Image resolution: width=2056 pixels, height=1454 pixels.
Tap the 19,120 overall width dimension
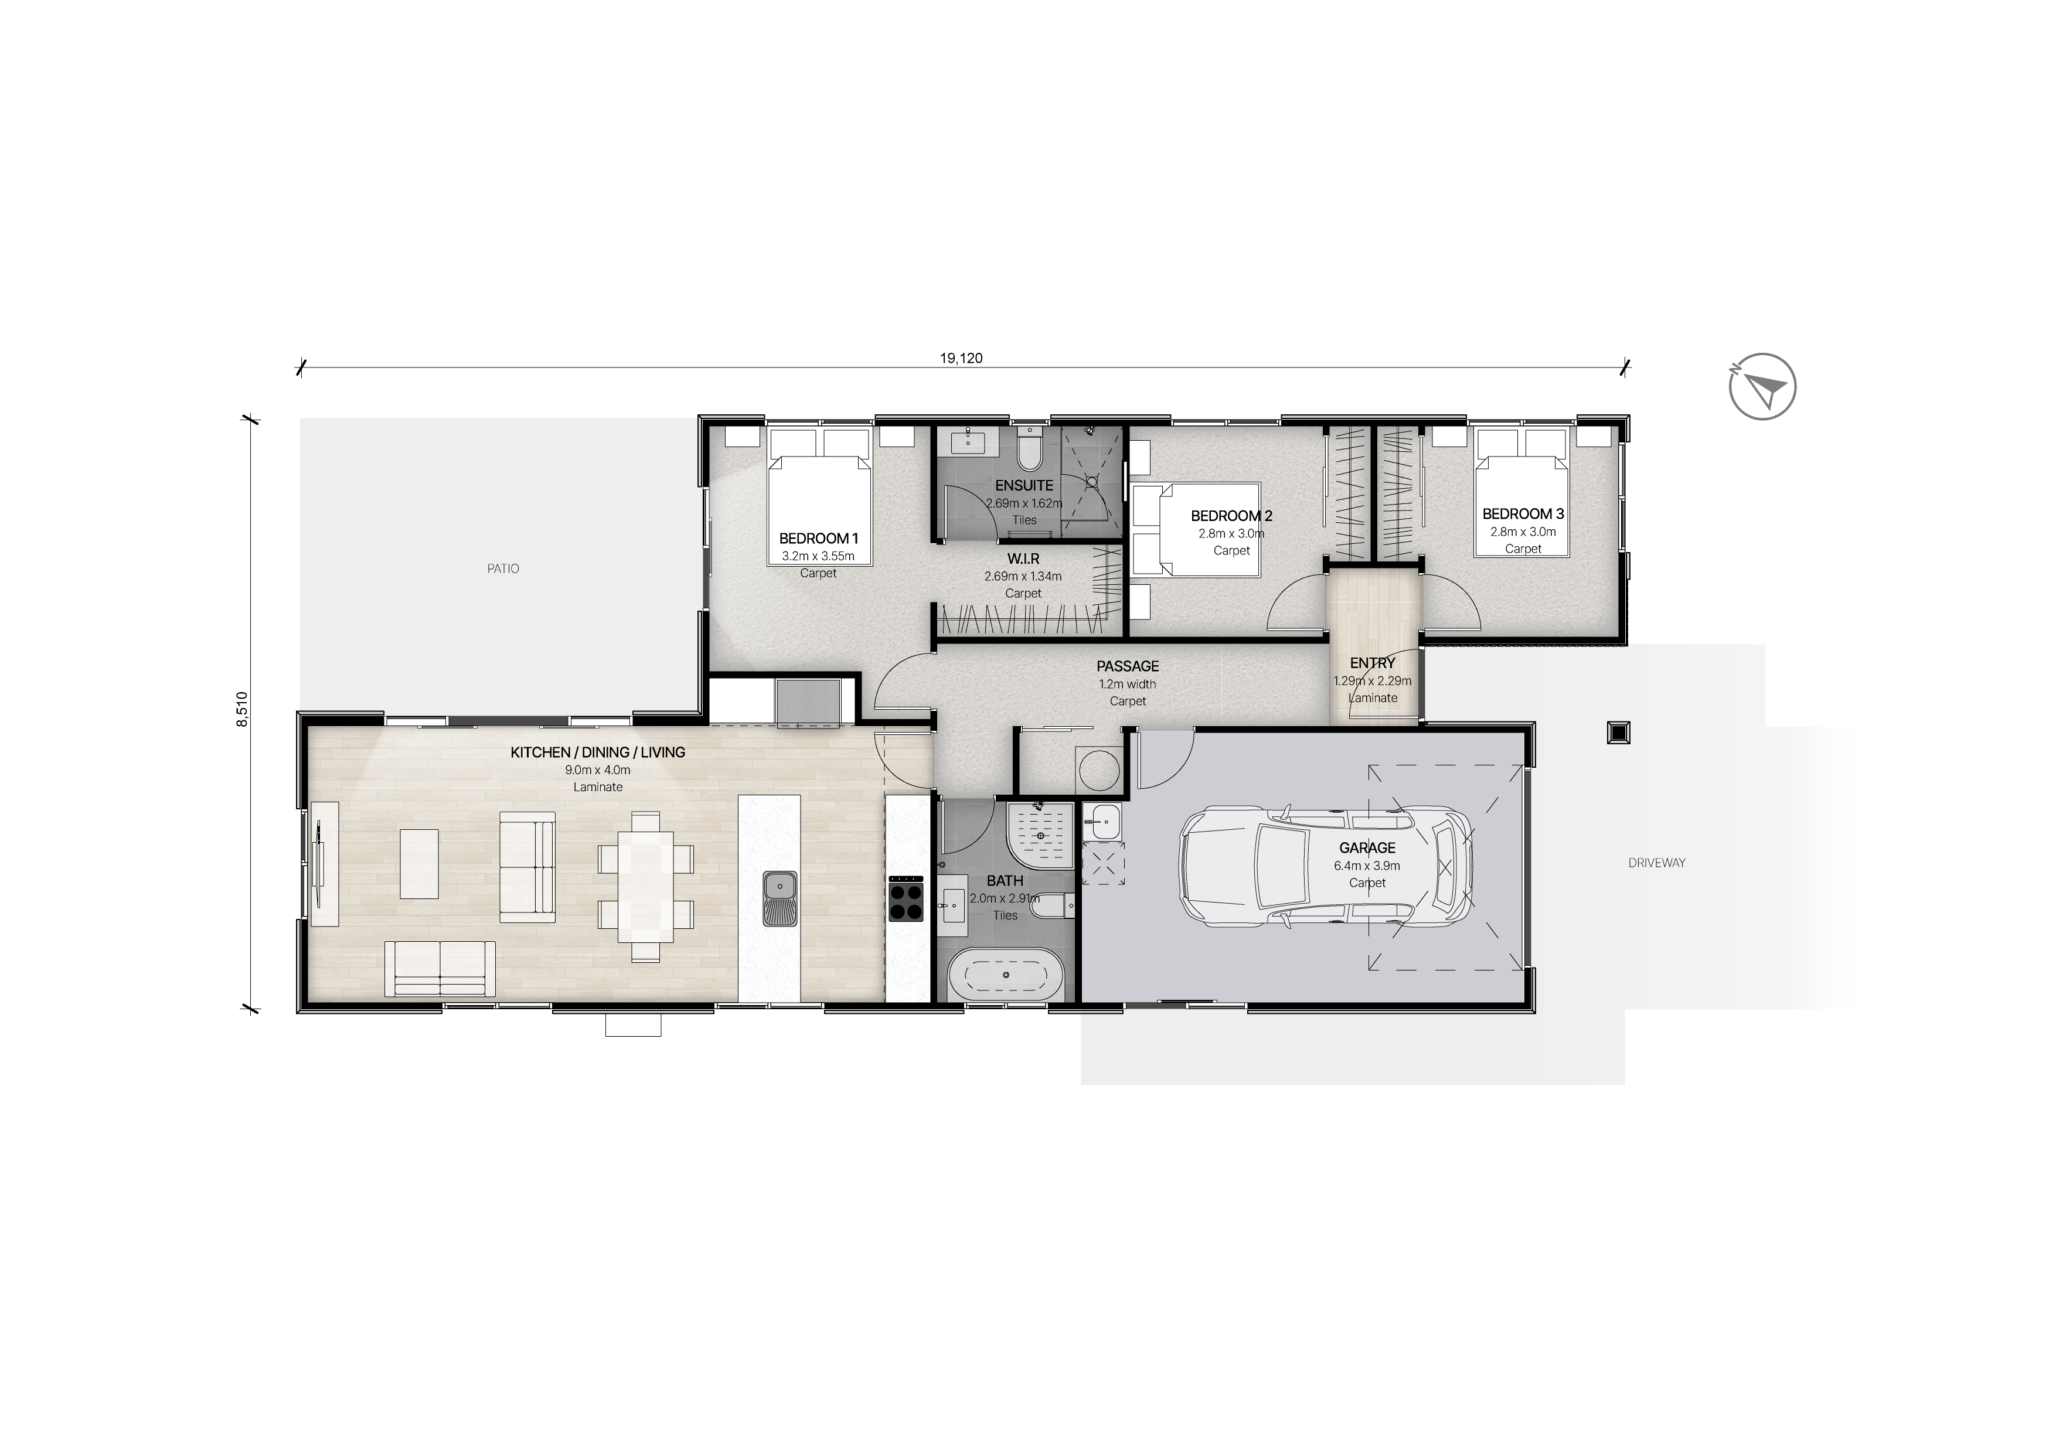pyautogui.click(x=961, y=358)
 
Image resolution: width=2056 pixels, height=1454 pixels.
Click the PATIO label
pyautogui.click(x=503, y=568)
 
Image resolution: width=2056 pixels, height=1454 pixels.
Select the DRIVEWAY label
pyautogui.click(x=1657, y=863)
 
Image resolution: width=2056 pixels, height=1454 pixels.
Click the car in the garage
pyautogui.click(x=1325, y=866)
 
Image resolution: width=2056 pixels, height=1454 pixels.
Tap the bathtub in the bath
pyautogui.click(x=1006, y=974)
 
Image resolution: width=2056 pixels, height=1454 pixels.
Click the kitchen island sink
pyautogui.click(x=781, y=898)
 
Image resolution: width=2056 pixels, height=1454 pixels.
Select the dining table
pyautogui.click(x=646, y=886)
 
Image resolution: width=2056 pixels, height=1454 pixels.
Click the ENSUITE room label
pyautogui.click(x=1024, y=485)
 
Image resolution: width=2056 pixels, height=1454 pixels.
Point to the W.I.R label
pyautogui.click(x=1023, y=559)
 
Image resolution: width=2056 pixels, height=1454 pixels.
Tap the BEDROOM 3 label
pyautogui.click(x=1523, y=514)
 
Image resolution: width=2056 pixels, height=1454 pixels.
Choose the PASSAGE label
pyautogui.click(x=1128, y=666)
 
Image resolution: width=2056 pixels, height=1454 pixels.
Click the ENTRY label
pyautogui.click(x=1373, y=663)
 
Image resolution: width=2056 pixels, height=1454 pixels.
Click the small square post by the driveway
pyautogui.click(x=1618, y=733)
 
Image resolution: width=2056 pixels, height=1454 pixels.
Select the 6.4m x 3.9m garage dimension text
pyautogui.click(x=1367, y=866)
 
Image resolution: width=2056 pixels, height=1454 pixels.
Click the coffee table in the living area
pyautogui.click(x=419, y=864)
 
